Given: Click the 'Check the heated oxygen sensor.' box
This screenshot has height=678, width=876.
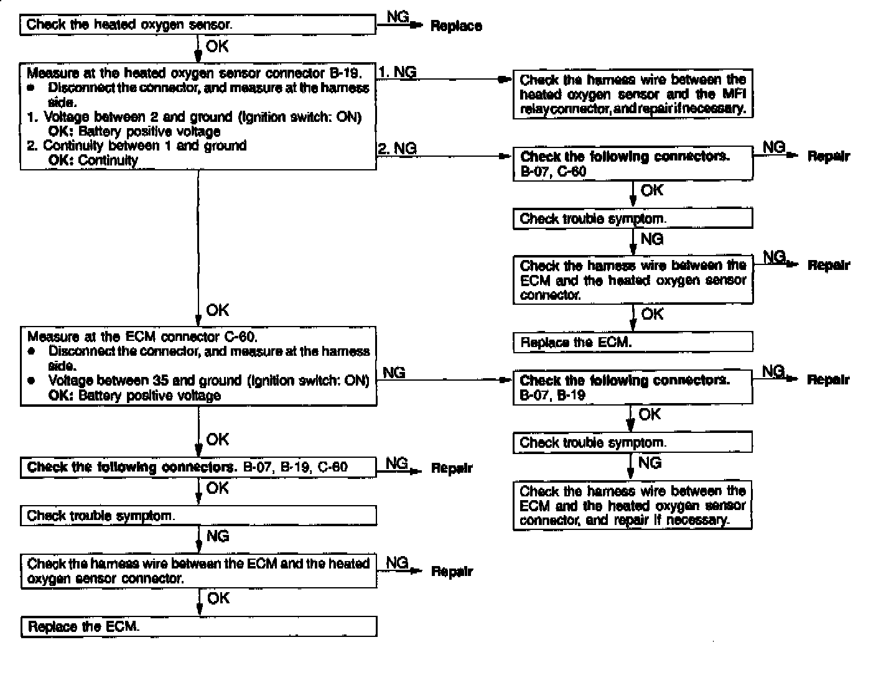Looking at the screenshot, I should coord(198,25).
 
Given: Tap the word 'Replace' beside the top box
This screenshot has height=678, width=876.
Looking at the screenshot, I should coord(456,26).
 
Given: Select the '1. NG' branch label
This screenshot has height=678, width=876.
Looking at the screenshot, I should coord(398,72).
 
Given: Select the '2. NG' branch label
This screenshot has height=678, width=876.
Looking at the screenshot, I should coord(398,148).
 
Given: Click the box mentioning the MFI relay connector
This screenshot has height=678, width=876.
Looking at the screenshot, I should coord(633,94).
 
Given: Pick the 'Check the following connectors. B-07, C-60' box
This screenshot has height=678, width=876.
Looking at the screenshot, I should coord(633,164).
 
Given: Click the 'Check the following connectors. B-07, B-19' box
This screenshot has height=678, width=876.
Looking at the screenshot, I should coord(633,388).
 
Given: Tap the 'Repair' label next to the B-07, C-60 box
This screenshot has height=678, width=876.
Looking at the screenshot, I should coord(828,157).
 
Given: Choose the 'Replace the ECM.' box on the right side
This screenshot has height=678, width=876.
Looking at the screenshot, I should coord(633,342).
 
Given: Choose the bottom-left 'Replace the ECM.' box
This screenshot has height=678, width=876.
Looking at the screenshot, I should coord(198,626).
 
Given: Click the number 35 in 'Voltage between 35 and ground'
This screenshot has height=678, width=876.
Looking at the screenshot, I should coord(159,381).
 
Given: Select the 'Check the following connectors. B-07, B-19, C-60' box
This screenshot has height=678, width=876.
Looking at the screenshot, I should coord(198,467).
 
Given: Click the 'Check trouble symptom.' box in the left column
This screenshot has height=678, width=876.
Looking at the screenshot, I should coord(198,516).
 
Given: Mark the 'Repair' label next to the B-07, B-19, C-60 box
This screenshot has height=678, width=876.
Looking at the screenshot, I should coord(452,468).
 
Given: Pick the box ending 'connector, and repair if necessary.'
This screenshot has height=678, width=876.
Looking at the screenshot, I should coord(633,506).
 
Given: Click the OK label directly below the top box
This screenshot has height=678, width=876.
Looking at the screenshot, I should coord(217,46).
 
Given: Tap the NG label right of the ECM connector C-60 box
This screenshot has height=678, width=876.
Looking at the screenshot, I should coord(394,373).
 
